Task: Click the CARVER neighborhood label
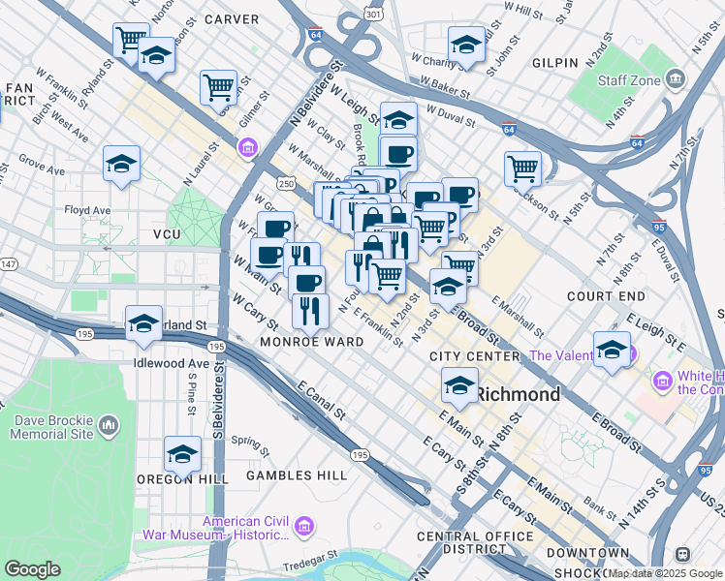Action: [x=232, y=18]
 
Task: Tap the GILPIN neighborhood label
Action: [x=556, y=62]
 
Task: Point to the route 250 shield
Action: [x=286, y=183]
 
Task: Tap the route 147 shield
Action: [x=9, y=264]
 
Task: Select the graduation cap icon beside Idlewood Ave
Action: [x=143, y=324]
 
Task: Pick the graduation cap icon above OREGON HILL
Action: [x=182, y=453]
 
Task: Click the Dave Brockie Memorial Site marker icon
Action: [x=109, y=424]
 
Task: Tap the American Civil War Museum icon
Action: [x=304, y=527]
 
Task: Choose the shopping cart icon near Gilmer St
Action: [x=219, y=87]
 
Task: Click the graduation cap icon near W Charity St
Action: [x=466, y=45]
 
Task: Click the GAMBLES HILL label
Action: [x=296, y=475]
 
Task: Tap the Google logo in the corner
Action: [x=32, y=569]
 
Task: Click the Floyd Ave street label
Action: [x=87, y=209]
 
